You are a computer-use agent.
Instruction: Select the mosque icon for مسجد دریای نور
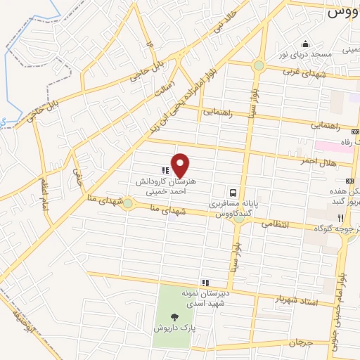(x=305, y=42)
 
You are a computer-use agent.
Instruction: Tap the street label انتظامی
(x=275, y=224)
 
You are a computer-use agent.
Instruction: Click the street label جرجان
(x=300, y=343)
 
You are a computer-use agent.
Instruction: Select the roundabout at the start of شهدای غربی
(x=259, y=66)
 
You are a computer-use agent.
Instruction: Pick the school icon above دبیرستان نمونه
(x=205, y=282)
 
